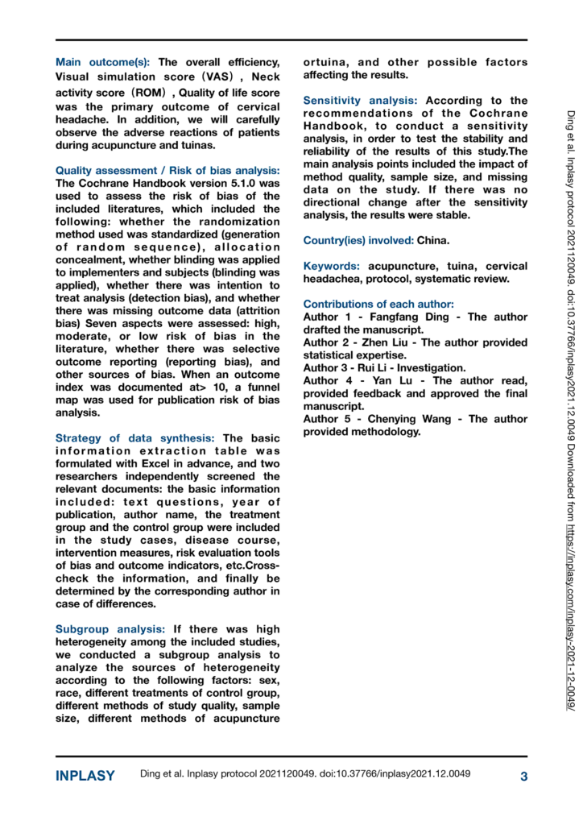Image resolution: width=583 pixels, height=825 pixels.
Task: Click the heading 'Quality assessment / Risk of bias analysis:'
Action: (x=167, y=170)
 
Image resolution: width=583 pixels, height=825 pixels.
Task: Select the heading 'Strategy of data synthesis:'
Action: (x=135, y=437)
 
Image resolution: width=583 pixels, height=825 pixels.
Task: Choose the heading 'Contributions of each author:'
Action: (x=378, y=305)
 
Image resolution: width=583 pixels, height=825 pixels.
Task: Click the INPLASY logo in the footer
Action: (x=85, y=777)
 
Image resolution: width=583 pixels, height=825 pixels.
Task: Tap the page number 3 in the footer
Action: (x=523, y=777)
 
